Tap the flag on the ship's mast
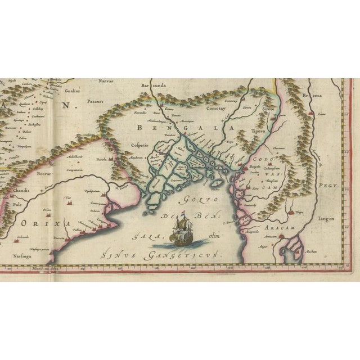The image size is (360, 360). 183,213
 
